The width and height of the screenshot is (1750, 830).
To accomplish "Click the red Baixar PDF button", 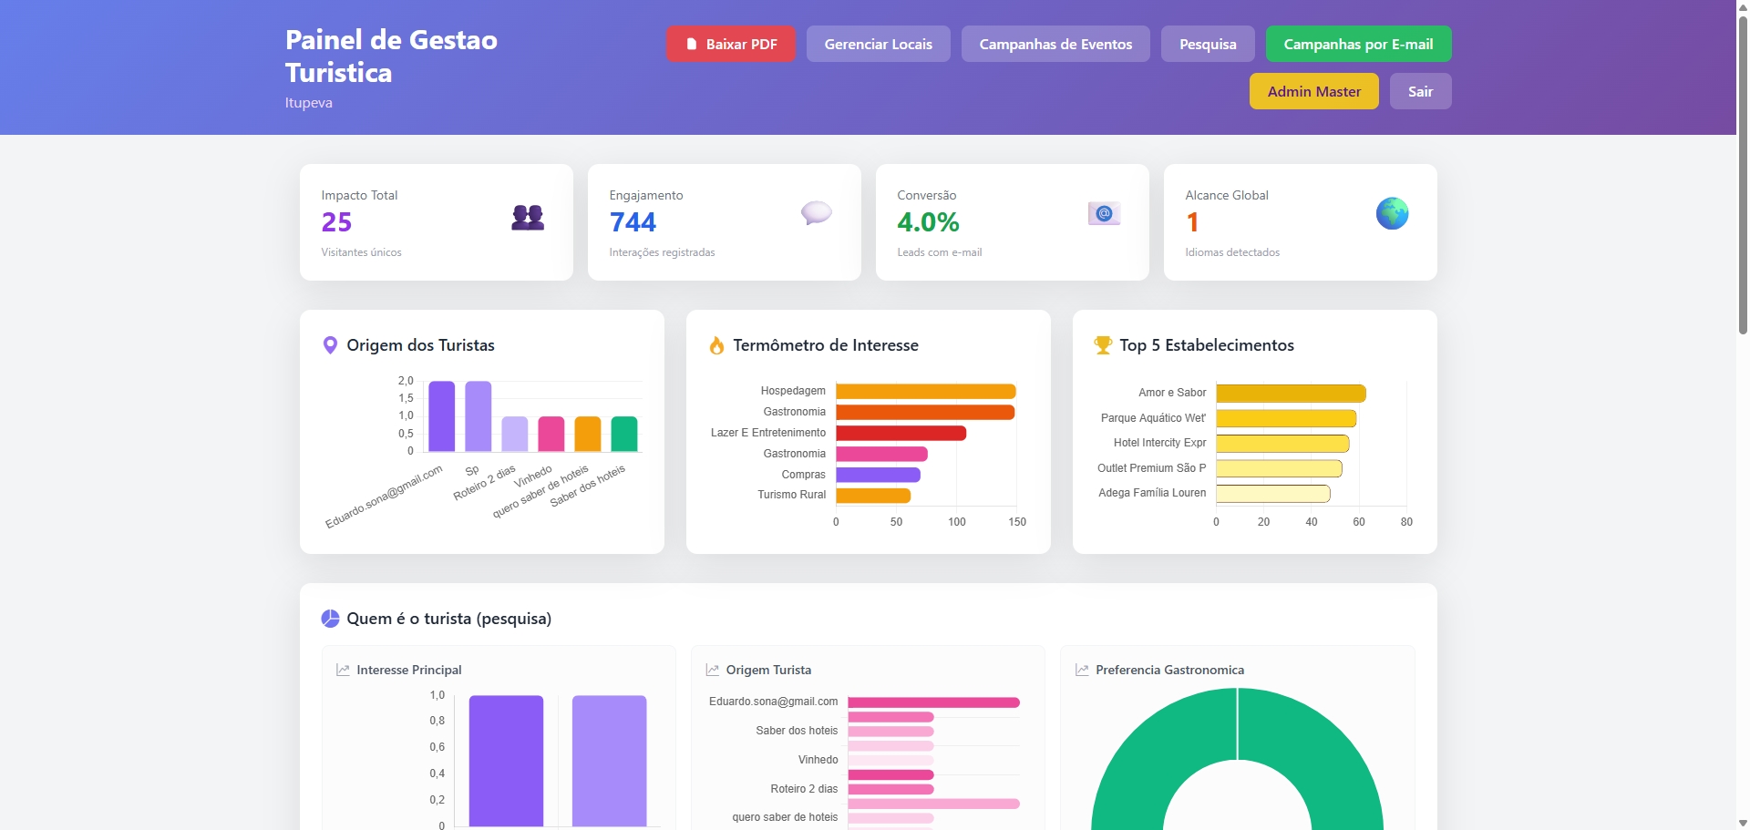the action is coord(731,44).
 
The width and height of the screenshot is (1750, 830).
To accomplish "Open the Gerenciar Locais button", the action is coord(879,44).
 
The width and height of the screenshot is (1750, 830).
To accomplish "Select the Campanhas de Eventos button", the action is coord(1055,44).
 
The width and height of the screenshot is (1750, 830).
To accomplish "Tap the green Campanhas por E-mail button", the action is coord(1358,44).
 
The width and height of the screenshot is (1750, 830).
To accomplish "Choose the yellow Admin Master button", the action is coord(1314,91).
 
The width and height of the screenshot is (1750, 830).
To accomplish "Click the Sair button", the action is coord(1421,91).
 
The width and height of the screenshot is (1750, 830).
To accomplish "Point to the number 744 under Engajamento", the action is coord(633,222).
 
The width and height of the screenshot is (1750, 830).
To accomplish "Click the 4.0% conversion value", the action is coord(928,222).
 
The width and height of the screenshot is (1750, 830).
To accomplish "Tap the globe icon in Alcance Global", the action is coord(1392,213).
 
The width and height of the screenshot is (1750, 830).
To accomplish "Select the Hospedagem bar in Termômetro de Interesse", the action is coord(925,391).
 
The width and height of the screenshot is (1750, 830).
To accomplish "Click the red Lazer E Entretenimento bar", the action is coord(901,433).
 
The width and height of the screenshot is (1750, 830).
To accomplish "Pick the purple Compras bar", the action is coord(878,475).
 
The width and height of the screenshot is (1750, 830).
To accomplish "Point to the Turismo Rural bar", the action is coord(873,496).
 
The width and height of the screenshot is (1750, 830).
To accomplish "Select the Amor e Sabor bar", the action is coord(1291,394).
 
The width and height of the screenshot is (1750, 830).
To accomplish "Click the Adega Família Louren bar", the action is coord(1272,494).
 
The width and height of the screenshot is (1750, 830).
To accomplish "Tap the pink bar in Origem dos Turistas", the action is coord(551,434).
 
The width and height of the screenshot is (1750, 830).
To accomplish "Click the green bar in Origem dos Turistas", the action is coord(624,434).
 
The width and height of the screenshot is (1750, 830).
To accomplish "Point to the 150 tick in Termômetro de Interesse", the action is coord(1017,522).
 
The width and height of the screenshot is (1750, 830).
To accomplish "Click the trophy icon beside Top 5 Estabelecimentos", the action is coord(1103,345).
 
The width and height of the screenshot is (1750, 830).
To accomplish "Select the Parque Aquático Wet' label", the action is coord(1153,418).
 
